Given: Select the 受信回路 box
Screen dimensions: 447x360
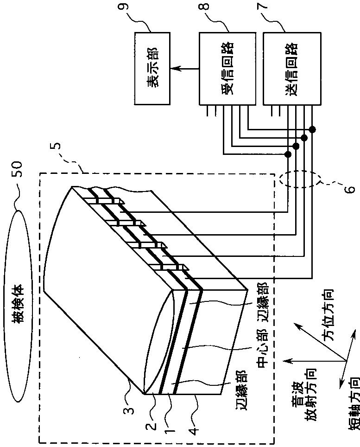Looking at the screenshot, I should click(x=227, y=68).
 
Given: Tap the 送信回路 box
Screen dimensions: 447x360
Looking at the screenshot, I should click(x=291, y=68).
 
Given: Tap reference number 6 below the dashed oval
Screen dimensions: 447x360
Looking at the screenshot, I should click(x=351, y=188).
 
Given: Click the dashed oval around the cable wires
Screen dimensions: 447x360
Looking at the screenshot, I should click(x=300, y=180).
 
